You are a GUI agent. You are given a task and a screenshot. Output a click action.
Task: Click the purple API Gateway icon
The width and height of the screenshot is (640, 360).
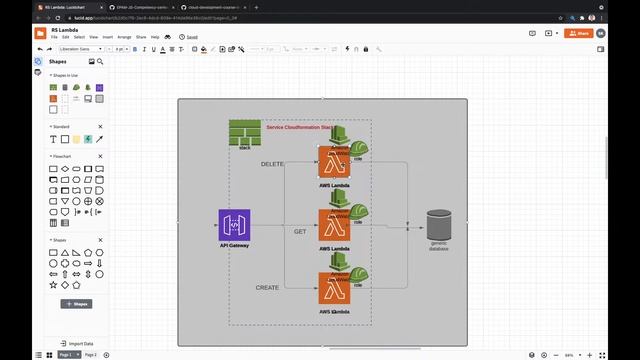[x=234, y=225]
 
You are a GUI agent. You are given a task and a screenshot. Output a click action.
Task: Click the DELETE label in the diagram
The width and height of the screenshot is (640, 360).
[x=272, y=163]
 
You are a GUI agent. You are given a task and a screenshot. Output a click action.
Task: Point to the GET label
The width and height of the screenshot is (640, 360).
[x=300, y=231]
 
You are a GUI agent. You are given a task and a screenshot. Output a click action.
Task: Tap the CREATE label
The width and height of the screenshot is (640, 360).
[x=267, y=288]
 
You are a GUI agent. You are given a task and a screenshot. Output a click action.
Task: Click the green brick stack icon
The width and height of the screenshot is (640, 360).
[x=244, y=132]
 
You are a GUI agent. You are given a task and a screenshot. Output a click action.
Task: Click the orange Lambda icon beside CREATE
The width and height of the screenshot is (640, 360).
[x=334, y=290]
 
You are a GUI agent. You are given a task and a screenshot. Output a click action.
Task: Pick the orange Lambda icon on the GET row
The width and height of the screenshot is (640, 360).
[x=334, y=226]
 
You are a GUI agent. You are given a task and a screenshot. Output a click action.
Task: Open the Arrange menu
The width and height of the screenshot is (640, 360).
[x=124, y=37]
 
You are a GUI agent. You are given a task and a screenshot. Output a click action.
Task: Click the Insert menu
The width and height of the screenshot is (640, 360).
[x=107, y=37]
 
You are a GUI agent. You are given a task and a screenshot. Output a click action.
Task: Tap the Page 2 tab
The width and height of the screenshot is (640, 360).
[x=90, y=355]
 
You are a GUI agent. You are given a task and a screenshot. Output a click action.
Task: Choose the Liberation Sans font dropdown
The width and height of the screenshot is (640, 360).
[x=84, y=48]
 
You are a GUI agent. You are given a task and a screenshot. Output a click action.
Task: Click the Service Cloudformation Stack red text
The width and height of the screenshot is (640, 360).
[x=299, y=128]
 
